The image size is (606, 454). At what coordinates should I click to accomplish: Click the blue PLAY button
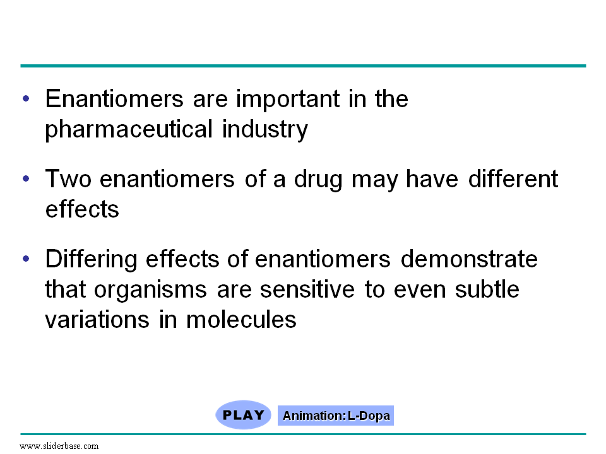(x=243, y=415)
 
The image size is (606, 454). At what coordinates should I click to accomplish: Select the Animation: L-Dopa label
(x=336, y=416)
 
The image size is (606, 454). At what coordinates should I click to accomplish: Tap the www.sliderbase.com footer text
(x=59, y=446)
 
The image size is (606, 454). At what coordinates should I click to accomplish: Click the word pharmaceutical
(x=129, y=129)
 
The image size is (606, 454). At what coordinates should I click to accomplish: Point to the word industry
(x=265, y=129)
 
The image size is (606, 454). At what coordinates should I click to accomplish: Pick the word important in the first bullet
(x=288, y=99)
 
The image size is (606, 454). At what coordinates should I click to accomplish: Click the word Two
(x=68, y=179)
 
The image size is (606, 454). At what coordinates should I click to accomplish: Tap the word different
(x=513, y=178)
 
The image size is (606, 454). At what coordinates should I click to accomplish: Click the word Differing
(x=91, y=259)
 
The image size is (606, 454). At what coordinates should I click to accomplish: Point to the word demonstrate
(x=469, y=259)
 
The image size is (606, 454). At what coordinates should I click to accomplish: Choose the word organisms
(x=150, y=290)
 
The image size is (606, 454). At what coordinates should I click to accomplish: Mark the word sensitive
(x=307, y=289)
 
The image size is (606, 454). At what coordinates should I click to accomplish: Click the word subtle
(x=487, y=289)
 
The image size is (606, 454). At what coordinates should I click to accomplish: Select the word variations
(x=97, y=320)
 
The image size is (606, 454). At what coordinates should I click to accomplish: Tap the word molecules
(x=241, y=320)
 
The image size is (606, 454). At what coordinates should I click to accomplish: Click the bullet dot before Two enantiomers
(x=26, y=178)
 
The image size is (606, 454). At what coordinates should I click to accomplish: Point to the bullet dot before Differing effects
(x=26, y=259)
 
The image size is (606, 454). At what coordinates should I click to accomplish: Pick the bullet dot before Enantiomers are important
(x=26, y=99)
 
